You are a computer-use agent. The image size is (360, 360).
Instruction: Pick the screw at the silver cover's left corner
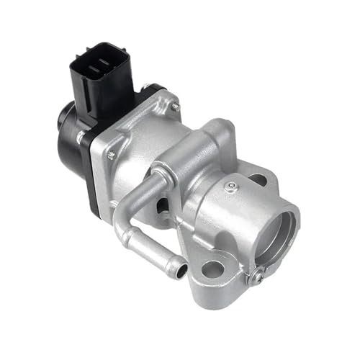point(111,154)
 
